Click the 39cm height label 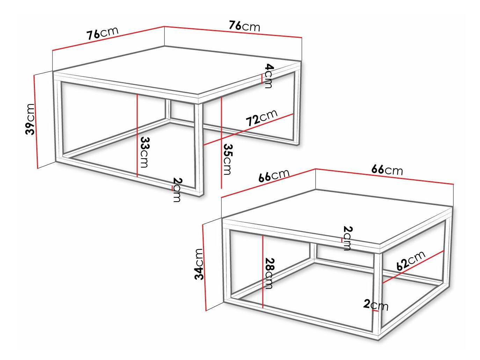point(30,119)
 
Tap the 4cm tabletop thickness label point(269,76)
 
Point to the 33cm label point(145,152)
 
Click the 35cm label point(227,159)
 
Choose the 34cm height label point(199,264)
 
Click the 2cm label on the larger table point(177,190)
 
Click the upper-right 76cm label point(245,26)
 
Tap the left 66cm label point(274,175)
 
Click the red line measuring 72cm point(248,129)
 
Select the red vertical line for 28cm point(262,271)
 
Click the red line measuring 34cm point(204,267)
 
